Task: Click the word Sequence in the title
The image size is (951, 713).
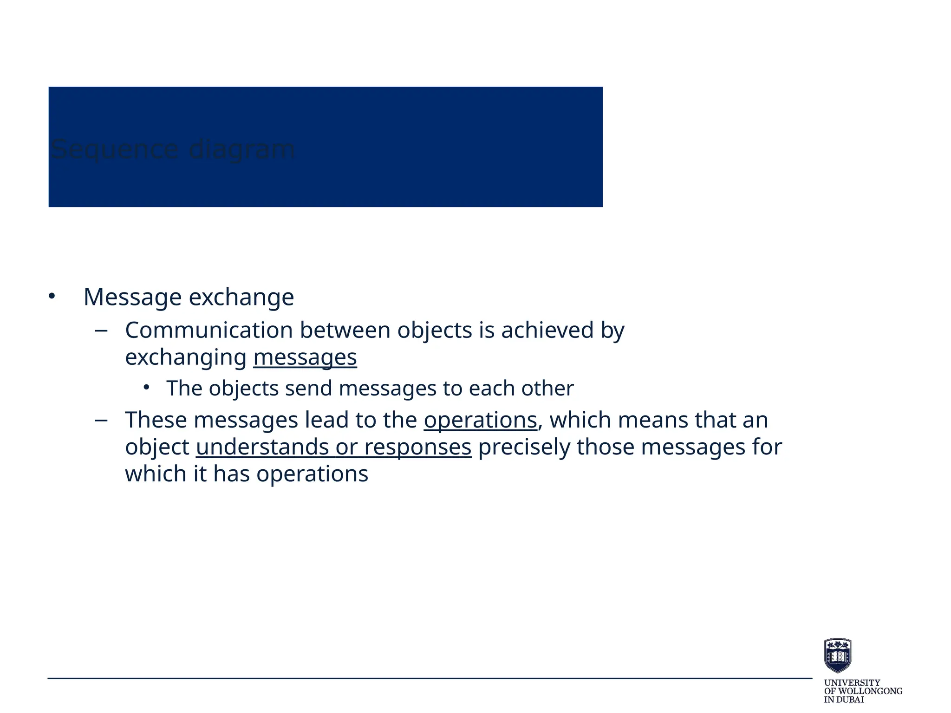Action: (114, 149)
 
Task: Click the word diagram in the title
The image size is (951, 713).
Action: (241, 149)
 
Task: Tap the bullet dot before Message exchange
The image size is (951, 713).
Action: (52, 296)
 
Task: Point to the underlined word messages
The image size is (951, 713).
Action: (305, 358)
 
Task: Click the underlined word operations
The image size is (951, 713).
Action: (480, 420)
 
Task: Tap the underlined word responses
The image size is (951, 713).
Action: (417, 447)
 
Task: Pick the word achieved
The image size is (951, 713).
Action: (547, 331)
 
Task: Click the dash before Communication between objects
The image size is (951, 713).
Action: (101, 331)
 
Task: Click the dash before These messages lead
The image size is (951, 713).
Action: (101, 421)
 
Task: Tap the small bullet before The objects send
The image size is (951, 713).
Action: (146, 387)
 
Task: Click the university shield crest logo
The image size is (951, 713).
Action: (837, 655)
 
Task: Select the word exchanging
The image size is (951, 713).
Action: (186, 358)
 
